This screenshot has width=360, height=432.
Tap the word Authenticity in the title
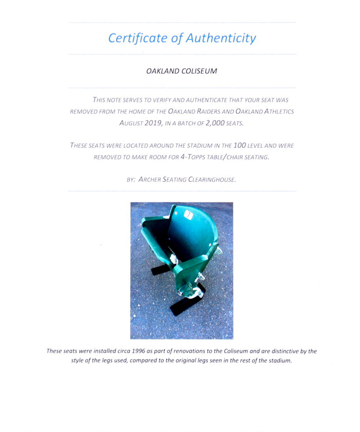pos(221,38)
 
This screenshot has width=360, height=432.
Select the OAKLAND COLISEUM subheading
pos(182,71)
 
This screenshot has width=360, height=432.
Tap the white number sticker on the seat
pos(188,214)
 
